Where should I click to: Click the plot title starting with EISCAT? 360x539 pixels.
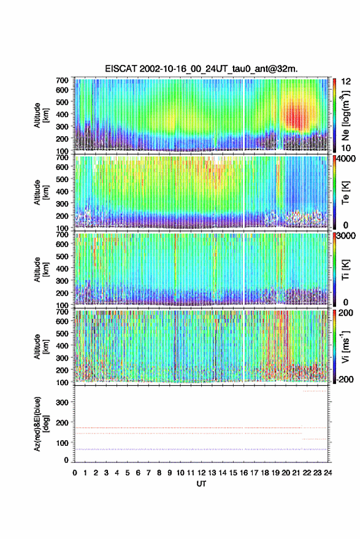[201, 69]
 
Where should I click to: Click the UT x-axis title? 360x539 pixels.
[201, 484]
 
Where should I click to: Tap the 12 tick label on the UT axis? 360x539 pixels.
[201, 473]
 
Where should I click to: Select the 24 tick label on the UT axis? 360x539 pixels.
[327, 473]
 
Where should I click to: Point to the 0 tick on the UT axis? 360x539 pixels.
[75, 473]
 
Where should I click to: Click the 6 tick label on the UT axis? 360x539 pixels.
[138, 473]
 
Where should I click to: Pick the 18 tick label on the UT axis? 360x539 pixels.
[265, 473]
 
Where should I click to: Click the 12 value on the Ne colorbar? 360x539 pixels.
[346, 82]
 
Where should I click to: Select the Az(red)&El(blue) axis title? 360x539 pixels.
[41, 424]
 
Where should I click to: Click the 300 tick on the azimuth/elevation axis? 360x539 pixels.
[62, 402]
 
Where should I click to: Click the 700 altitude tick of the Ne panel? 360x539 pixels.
[62, 80]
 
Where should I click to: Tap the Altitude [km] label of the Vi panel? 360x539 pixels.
[41, 346]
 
